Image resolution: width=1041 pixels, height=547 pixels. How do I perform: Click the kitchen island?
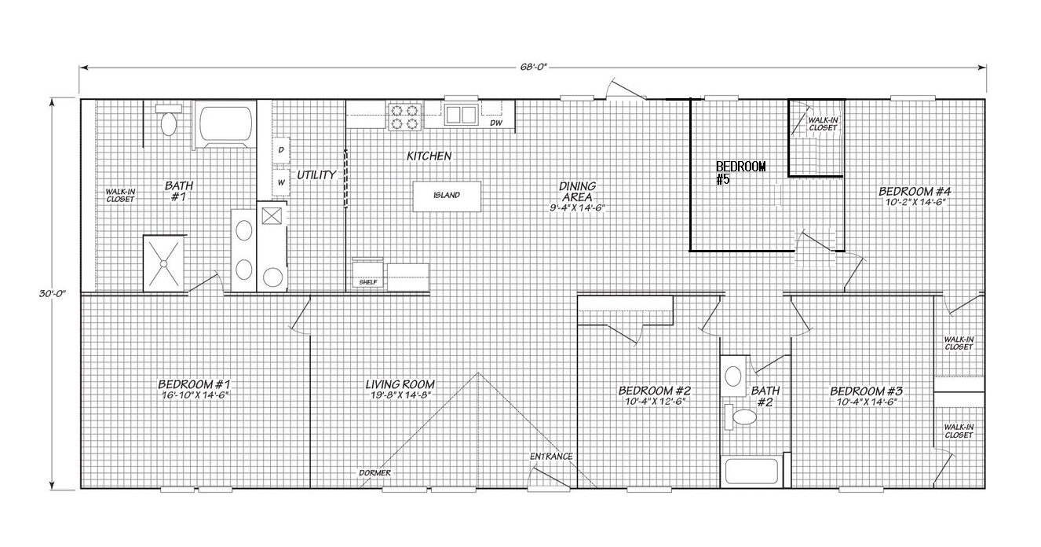pos(447,196)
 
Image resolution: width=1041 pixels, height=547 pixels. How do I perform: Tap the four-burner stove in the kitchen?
pos(404,117)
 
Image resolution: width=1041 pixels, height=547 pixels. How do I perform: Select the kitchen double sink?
pos(461,115)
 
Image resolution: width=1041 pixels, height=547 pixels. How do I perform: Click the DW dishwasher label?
pos(496,123)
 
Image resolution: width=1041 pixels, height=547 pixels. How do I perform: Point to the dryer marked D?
pos(281,150)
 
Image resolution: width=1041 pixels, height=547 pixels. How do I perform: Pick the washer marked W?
pos(281,183)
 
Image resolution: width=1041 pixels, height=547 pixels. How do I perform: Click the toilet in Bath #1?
pos(168,119)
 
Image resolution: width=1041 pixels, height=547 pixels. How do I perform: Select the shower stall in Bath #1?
pos(163,264)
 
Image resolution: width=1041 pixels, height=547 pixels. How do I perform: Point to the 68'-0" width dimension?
pos(533,67)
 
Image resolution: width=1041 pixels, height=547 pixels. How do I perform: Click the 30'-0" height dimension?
pos(52,294)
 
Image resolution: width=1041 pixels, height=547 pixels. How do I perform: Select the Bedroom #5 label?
pos(741,173)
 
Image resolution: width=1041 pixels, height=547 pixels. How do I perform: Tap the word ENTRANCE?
pos(551,457)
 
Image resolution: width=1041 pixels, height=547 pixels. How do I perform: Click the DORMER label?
pos(374,473)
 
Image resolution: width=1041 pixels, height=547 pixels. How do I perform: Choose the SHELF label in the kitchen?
pos(368,282)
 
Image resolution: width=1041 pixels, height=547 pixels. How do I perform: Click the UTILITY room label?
pos(316,175)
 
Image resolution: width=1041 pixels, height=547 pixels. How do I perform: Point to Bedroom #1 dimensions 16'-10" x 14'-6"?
pos(195,395)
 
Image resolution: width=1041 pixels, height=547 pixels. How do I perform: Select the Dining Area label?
pos(577,191)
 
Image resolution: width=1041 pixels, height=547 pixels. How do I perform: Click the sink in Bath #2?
pos(733,376)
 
